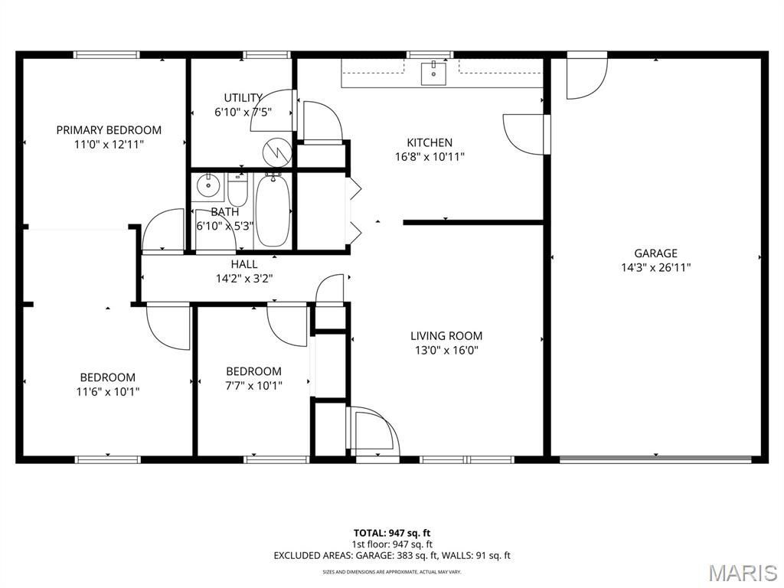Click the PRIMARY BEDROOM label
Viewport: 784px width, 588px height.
coord(109,130)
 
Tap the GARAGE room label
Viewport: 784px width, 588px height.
coord(655,253)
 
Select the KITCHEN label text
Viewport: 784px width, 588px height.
coord(430,142)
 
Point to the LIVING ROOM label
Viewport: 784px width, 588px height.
coord(446,336)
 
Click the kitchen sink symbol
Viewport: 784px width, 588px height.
coord(433,73)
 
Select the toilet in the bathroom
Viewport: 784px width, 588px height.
coord(237,190)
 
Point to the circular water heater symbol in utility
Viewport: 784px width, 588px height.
coord(277,152)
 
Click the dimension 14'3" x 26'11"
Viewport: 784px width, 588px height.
coord(656,267)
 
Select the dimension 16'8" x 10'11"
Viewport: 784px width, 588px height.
coord(430,157)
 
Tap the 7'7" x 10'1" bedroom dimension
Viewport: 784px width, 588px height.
coord(254,386)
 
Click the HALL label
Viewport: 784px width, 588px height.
coord(244,264)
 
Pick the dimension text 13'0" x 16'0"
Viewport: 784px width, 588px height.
coord(446,350)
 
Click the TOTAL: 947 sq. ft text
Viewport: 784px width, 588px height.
coord(392,533)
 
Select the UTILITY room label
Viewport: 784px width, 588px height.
coord(243,97)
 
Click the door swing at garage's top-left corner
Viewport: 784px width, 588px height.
coord(586,76)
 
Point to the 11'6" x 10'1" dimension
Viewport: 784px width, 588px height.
coord(108,391)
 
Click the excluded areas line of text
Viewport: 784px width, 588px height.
coord(392,555)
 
